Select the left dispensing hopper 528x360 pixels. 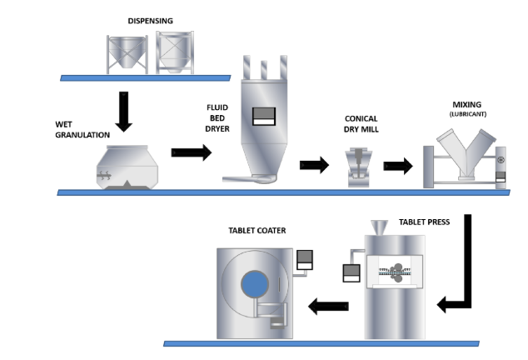coord(126,52)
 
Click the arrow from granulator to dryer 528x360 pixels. coord(190,152)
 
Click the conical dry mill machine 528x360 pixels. coord(359,166)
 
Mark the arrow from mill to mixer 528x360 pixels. coord(397,165)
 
